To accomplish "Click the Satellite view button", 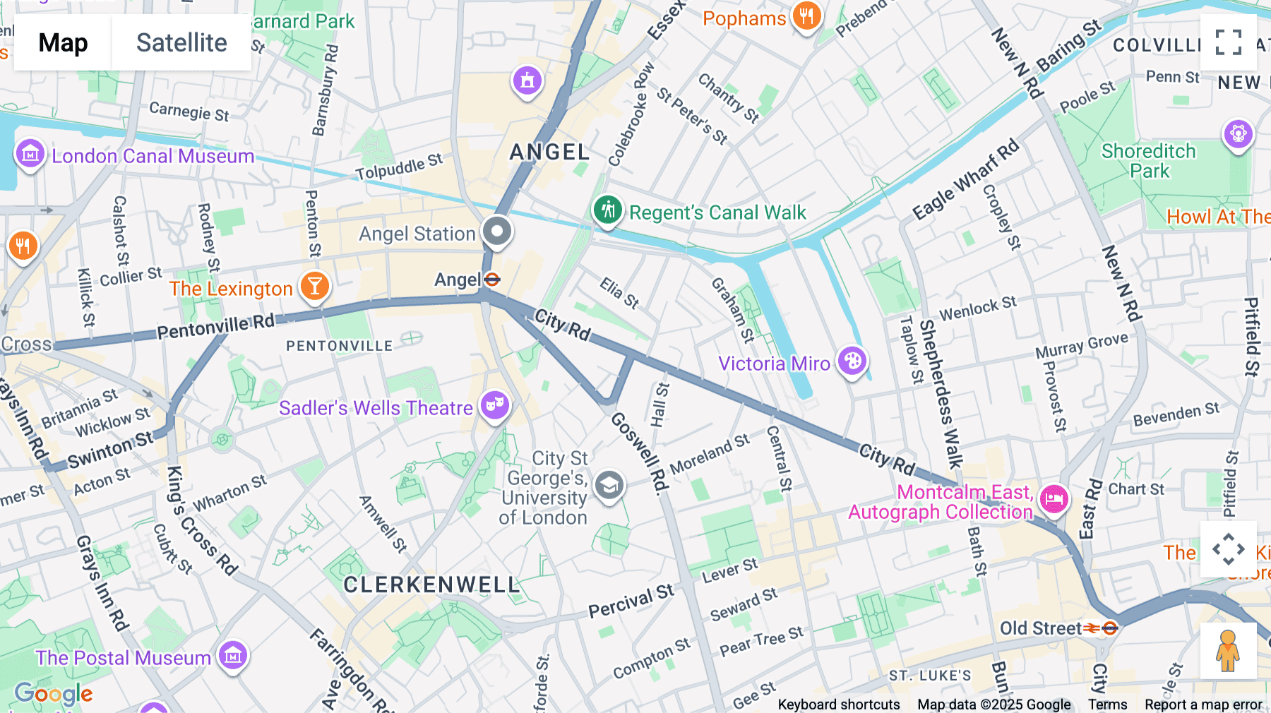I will [x=181, y=42].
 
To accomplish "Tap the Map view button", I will [x=63, y=42].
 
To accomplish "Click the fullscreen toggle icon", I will [x=1228, y=42].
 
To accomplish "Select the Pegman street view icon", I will [x=1228, y=651].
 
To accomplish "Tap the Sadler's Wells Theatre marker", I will [x=495, y=405].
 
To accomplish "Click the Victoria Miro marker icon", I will [x=852, y=361].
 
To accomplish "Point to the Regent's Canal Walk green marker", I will [x=607, y=210].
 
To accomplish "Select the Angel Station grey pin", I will [x=497, y=231].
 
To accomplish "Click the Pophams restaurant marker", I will [x=806, y=16].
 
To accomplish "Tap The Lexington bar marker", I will [x=315, y=287].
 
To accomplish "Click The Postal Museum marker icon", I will [x=233, y=656].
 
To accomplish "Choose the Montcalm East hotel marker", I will [x=1054, y=499].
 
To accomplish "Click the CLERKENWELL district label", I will [x=431, y=585].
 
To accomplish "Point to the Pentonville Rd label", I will [x=215, y=327].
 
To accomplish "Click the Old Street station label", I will [x=1041, y=628].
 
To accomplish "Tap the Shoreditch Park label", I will [x=1149, y=161].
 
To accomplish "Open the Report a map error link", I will [x=1203, y=704].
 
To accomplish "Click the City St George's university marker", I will [x=609, y=486].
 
